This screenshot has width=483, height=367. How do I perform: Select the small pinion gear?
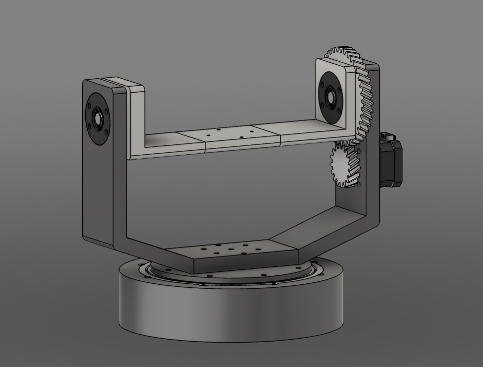pos(343,165)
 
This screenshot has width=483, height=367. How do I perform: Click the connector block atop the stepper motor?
pos(387,136)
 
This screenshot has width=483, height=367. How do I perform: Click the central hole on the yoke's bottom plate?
pos(231,248)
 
